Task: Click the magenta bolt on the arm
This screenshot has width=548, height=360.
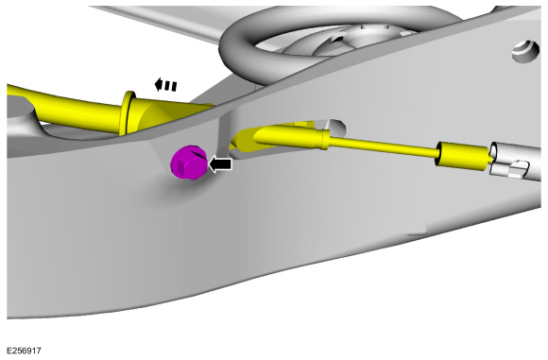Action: pyautogui.click(x=189, y=163)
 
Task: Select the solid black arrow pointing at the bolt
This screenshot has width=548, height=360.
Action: pyautogui.click(x=220, y=163)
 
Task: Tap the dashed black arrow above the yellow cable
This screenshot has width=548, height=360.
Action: pyautogui.click(x=165, y=85)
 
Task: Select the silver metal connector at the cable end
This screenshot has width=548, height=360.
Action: pyautogui.click(x=515, y=162)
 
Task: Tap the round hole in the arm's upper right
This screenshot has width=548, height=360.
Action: pyautogui.click(x=525, y=52)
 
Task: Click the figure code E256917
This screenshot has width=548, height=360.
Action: pyautogui.click(x=24, y=351)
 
